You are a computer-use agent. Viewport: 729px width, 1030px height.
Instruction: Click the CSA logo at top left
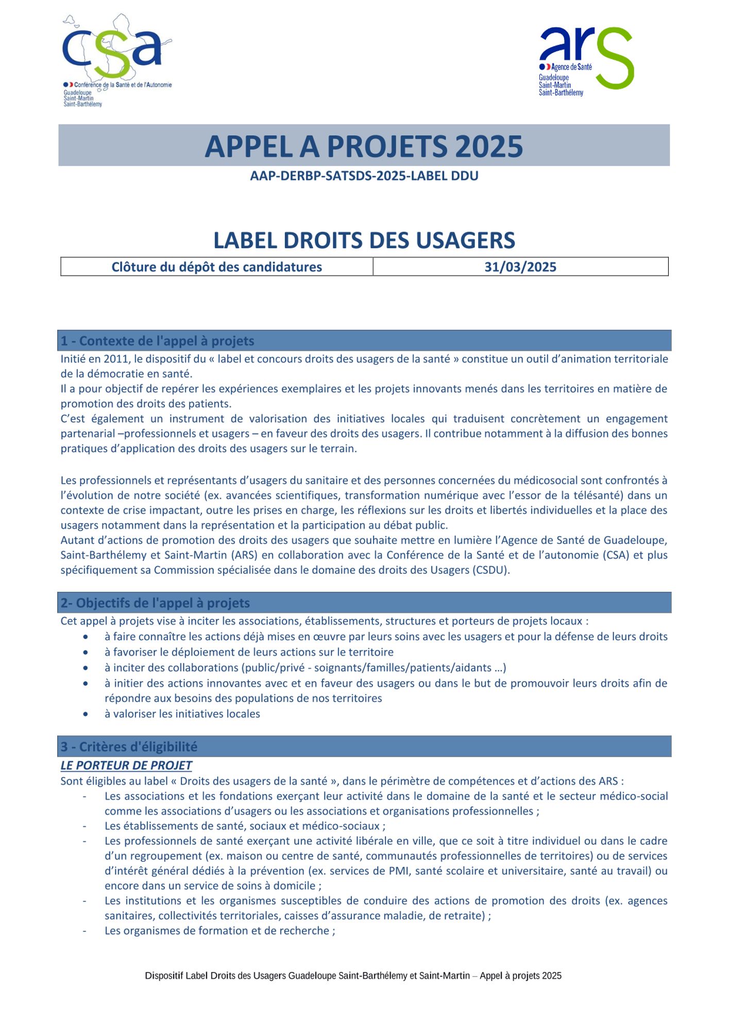[117, 61]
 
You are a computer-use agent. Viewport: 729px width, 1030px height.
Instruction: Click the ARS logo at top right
[586, 61]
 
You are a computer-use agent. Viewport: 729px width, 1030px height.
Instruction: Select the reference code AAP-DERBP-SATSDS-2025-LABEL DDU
[364, 176]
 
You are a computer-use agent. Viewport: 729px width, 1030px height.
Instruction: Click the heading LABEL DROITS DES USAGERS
[364, 241]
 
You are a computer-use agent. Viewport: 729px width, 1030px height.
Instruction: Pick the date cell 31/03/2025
[520, 267]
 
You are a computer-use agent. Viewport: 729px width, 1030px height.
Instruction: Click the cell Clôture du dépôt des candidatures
[217, 267]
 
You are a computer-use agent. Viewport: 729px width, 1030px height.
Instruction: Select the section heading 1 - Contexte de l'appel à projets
[158, 341]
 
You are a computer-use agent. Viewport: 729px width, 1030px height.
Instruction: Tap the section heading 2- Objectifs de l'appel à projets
[155, 603]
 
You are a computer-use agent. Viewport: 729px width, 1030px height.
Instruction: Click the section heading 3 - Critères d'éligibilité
[129, 747]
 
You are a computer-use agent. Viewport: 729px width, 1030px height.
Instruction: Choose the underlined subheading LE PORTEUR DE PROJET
[126, 765]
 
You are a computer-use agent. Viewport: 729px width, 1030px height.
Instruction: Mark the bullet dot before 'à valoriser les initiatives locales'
[86, 714]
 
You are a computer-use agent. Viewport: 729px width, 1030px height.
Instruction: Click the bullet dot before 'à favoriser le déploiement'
[86, 653]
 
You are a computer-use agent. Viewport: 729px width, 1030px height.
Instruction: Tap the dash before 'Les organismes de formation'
[84, 931]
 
